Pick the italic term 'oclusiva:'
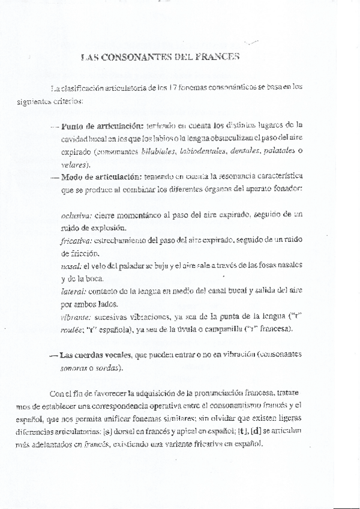tap(76, 215)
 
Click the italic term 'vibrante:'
tap(76, 316)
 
